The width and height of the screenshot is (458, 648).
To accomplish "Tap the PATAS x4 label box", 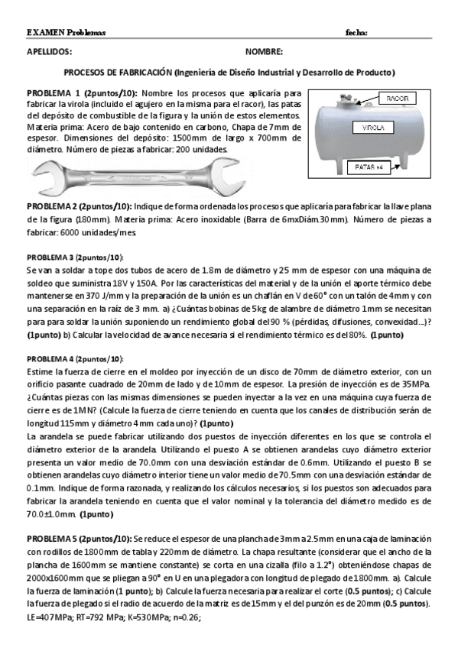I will click(x=369, y=167).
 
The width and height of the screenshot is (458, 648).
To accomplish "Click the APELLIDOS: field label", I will click(x=49, y=52).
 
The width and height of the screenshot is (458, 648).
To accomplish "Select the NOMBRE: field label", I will click(x=264, y=52).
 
